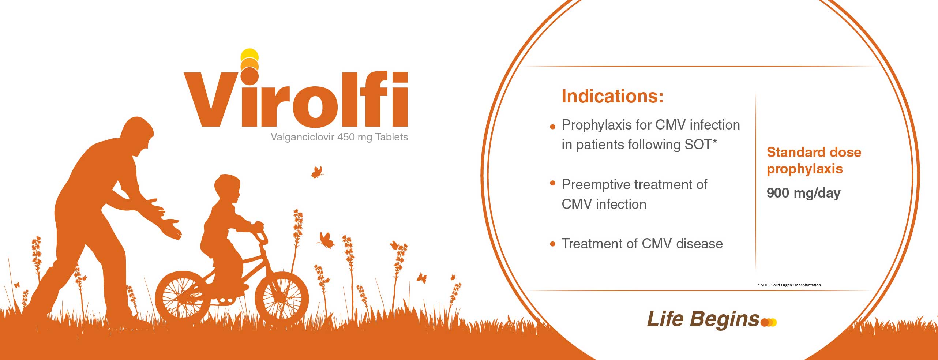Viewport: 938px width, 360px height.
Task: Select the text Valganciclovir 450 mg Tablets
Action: [x=339, y=137]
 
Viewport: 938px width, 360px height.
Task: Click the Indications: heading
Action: [x=612, y=96]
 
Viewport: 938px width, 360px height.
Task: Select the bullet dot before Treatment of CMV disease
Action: [x=553, y=244]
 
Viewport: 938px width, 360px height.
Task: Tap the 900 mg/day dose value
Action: [x=803, y=193]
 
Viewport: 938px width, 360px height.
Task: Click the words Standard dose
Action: [x=814, y=152]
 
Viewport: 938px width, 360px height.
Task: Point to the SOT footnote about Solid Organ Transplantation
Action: [x=789, y=285]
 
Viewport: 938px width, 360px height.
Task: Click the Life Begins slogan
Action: [x=703, y=319]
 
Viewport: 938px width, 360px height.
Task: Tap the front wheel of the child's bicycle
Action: [x=282, y=299]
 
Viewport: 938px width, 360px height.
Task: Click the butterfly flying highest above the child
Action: [x=317, y=172]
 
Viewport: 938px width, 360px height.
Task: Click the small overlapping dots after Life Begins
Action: [x=769, y=322]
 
